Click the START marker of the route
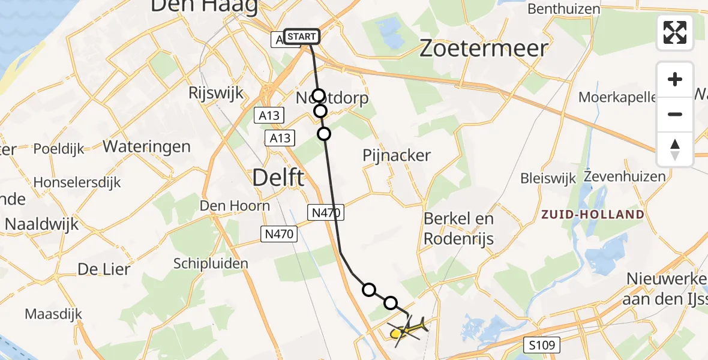[x=301, y=37]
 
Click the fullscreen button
[x=675, y=32]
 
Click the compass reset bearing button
[x=675, y=149]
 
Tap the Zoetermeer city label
[x=483, y=49]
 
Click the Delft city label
[x=278, y=178]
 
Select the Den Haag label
[x=204, y=6]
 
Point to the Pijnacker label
[x=397, y=155]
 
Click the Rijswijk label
[x=215, y=93]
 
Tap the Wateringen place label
[x=147, y=146]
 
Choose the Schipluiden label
[x=211, y=263]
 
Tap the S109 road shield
[x=544, y=345]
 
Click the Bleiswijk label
[x=548, y=178]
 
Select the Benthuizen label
[x=564, y=9]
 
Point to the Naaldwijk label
[x=42, y=224]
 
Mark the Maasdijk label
[x=53, y=314]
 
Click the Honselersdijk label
[x=77, y=182]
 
